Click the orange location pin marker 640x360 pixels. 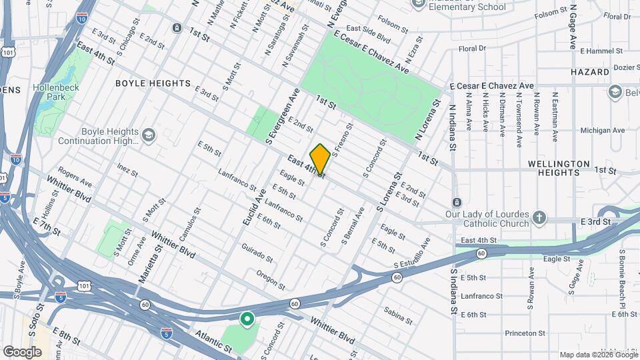click(320, 159)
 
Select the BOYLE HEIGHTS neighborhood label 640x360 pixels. click(153, 83)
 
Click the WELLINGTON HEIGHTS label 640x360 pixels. click(559, 168)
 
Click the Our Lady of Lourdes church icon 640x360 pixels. click(539, 217)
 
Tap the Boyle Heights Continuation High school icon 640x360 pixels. click(148, 137)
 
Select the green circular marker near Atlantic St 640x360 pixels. click(247, 320)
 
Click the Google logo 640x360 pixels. click(22, 351)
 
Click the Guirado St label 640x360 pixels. click(257, 253)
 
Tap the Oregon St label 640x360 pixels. click(270, 279)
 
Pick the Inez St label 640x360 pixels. click(127, 169)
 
